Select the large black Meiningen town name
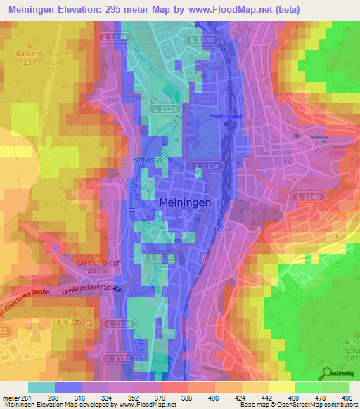tap(185, 202)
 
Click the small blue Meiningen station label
tap(226, 116)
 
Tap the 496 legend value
tap(347, 397)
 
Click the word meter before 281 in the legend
tap(11, 397)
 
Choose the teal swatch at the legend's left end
tap(41, 387)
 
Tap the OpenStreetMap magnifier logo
tap(328, 374)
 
